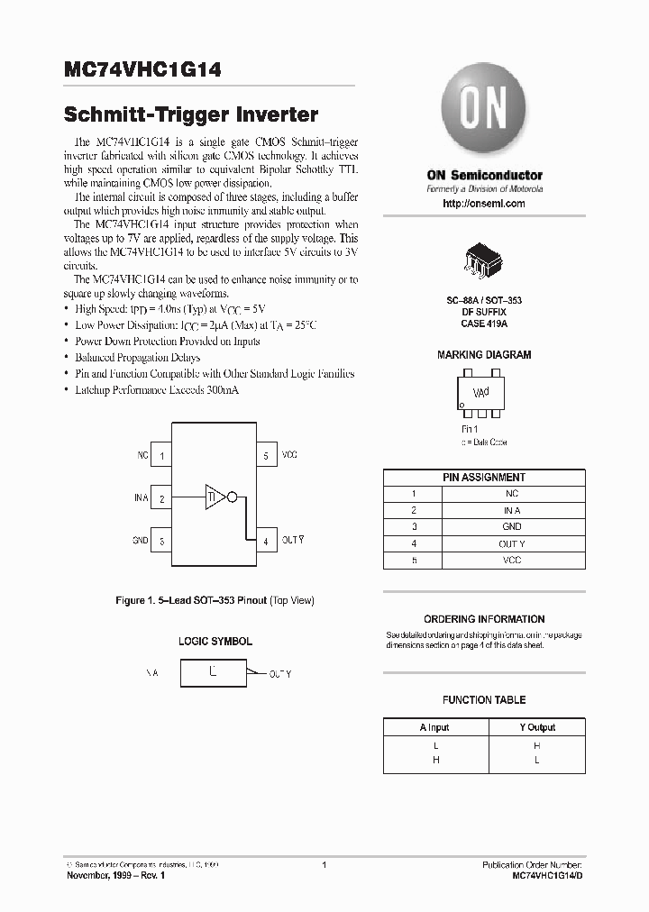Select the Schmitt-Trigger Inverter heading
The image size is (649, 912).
(x=190, y=115)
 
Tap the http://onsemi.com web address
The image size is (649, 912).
(x=484, y=204)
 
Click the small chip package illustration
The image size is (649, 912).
(x=484, y=260)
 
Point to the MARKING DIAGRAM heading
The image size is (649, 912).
(x=484, y=355)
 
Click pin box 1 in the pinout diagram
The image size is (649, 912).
(x=162, y=456)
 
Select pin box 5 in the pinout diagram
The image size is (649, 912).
(x=266, y=456)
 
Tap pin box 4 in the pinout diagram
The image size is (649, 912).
(x=266, y=541)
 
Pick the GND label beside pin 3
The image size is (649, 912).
(x=140, y=541)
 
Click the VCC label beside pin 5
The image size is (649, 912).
(x=289, y=456)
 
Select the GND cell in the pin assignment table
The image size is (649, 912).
(x=511, y=526)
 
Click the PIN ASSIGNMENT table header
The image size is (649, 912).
(x=484, y=478)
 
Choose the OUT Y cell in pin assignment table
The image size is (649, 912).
(x=511, y=543)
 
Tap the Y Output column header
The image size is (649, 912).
(x=537, y=727)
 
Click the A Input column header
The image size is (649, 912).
(x=434, y=727)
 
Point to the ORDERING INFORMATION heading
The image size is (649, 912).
(x=484, y=619)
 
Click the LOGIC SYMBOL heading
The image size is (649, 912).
(x=215, y=642)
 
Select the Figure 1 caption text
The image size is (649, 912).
(x=215, y=600)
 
